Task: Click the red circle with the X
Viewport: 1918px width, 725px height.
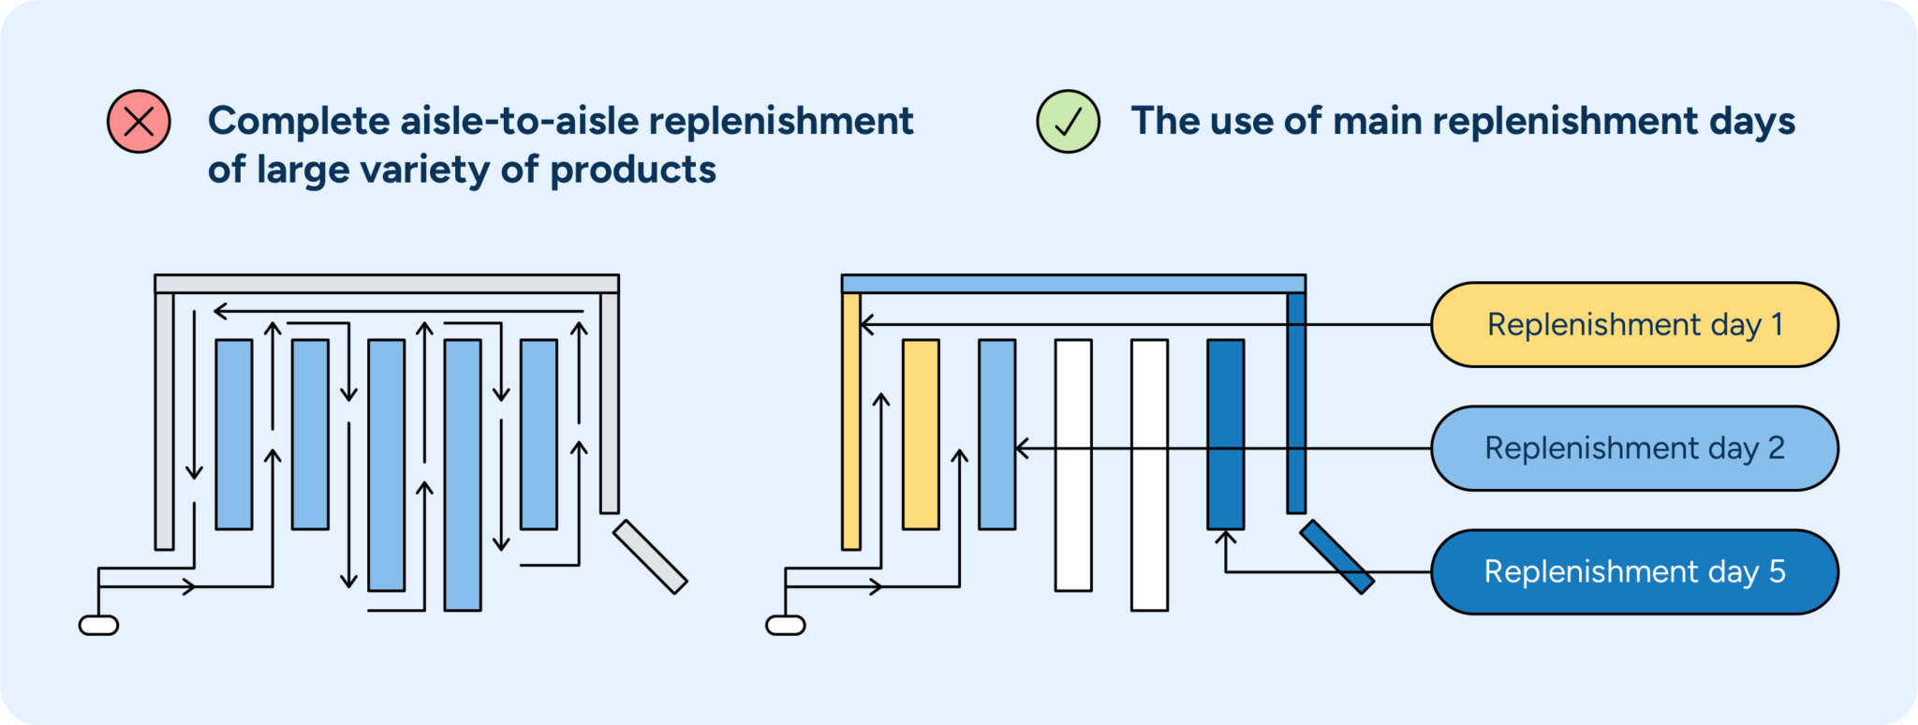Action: click(x=139, y=122)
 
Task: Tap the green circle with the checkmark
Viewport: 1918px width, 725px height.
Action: click(x=1068, y=122)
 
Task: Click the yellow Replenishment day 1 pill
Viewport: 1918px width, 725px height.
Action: click(x=1634, y=325)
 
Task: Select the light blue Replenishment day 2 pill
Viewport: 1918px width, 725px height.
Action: click(x=1634, y=449)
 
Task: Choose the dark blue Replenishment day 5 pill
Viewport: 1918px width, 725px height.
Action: click(x=1634, y=572)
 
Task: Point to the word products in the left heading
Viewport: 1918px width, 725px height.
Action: click(x=633, y=170)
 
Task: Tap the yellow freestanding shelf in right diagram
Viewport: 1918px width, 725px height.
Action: click(x=921, y=435)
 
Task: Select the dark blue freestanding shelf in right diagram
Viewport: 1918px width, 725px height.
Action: click(x=1225, y=435)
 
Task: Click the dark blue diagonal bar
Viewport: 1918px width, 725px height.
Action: click(x=1337, y=557)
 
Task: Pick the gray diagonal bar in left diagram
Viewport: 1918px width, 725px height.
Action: click(x=650, y=557)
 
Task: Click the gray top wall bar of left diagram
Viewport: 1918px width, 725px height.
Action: click(x=387, y=284)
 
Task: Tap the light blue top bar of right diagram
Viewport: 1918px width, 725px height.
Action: click(x=1073, y=284)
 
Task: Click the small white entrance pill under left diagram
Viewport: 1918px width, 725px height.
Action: click(x=98, y=625)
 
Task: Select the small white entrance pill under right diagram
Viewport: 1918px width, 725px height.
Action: click(x=785, y=625)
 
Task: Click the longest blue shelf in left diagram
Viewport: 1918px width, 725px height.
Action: click(x=463, y=475)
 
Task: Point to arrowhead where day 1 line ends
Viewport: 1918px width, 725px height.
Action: click(x=866, y=325)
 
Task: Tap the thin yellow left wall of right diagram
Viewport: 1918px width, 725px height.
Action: click(x=850, y=422)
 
